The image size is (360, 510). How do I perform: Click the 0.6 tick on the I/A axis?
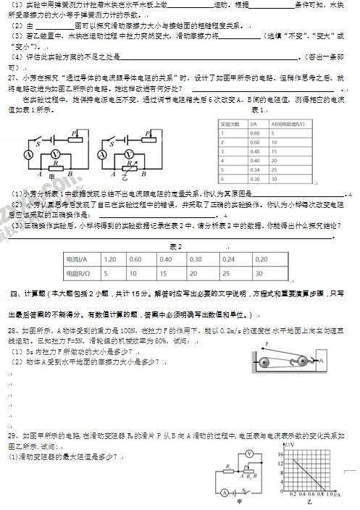coord(316,494)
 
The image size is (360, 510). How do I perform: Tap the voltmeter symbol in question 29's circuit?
coord(249,453)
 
